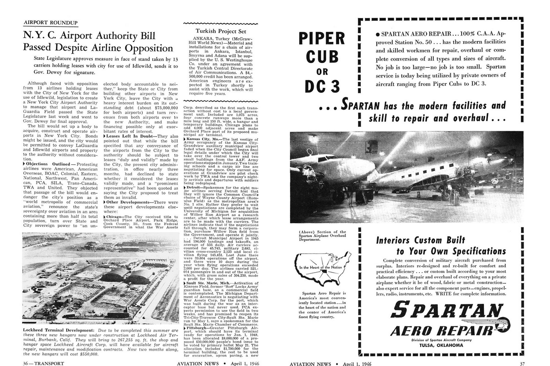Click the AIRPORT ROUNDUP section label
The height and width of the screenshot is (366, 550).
(50, 22)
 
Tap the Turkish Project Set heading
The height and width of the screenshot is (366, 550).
(220, 31)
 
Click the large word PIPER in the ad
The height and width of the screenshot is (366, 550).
(322, 39)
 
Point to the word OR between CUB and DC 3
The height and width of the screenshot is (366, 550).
(322, 71)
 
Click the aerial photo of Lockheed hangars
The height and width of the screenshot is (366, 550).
(100, 279)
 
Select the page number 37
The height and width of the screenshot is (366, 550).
(522, 363)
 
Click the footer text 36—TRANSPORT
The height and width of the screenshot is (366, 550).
(43, 363)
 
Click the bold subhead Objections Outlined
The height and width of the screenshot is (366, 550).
(46, 164)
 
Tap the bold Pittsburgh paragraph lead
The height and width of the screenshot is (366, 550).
(197, 328)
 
